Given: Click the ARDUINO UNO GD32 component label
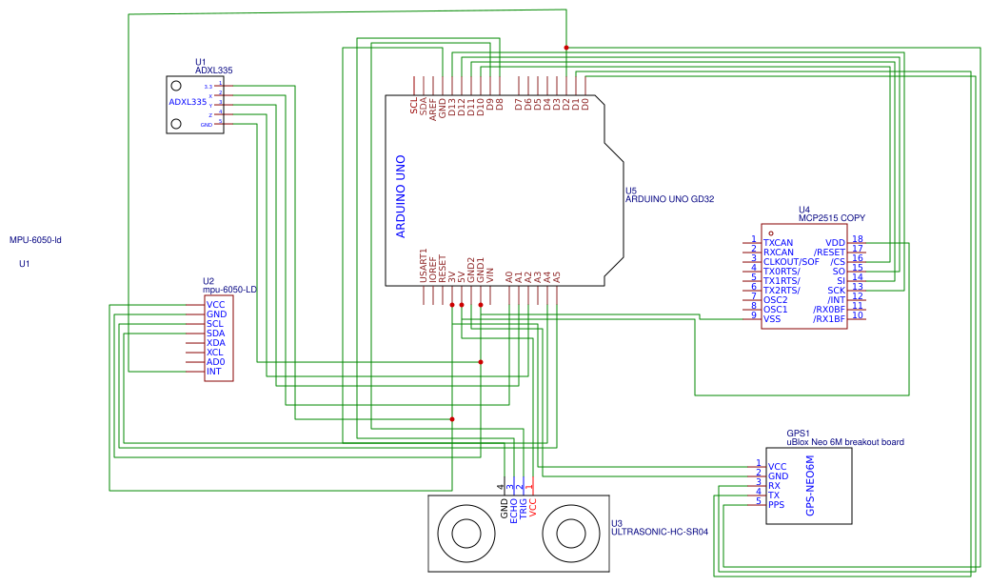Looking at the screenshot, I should tap(669, 200).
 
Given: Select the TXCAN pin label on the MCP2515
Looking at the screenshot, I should tap(778, 243).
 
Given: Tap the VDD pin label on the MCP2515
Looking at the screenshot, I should tap(835, 243).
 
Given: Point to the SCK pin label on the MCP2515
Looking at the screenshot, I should tap(836, 291).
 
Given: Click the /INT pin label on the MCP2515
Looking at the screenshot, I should tap(836, 300).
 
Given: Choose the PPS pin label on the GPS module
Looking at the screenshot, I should tap(776, 504).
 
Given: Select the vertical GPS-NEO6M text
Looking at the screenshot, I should tap(810, 486).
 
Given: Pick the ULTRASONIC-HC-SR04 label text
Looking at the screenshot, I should tap(660, 532).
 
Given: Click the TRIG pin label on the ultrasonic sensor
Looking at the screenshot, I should tap(523, 508).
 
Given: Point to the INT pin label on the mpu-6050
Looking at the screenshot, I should tap(213, 372).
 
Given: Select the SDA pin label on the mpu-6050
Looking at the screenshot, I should tap(215, 333).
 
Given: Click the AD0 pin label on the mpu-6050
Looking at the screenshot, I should tap(215, 362).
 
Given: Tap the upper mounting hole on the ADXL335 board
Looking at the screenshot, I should tap(176, 86).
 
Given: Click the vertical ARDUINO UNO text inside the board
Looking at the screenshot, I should tap(401, 196).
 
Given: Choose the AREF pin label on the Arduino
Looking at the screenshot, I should tap(433, 106).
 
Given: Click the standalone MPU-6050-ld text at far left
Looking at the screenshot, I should tap(35, 241).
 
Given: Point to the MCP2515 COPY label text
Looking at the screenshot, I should tap(832, 218).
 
